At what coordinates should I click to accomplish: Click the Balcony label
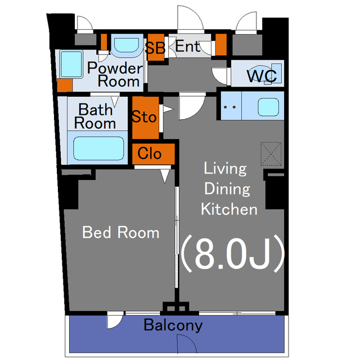[173, 325]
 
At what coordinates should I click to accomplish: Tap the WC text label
[262, 76]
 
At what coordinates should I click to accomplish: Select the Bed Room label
[121, 232]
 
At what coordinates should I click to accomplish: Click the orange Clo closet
[154, 154]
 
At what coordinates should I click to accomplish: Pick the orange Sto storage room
[146, 118]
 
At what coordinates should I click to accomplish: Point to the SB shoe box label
[156, 48]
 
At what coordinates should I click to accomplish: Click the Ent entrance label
[187, 46]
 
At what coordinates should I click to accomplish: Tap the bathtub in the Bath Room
[98, 148]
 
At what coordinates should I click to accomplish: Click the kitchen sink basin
[268, 107]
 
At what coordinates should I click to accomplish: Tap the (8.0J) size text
[232, 254]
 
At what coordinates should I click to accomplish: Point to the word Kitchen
[229, 209]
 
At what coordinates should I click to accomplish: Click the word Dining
[227, 189]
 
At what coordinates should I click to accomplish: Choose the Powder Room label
[115, 74]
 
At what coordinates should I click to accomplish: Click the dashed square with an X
[271, 154]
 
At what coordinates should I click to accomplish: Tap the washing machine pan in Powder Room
[71, 65]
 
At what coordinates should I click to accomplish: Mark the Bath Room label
[95, 116]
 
